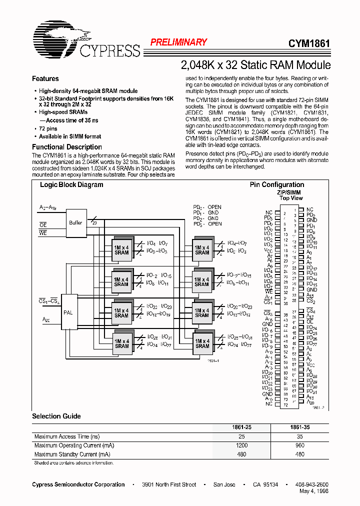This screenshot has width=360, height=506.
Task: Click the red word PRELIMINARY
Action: click(178, 42)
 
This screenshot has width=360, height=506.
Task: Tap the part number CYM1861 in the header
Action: click(309, 43)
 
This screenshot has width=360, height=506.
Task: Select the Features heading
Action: click(45, 79)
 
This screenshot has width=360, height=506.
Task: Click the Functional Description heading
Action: click(67, 147)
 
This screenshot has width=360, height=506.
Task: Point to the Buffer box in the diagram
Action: click(75, 223)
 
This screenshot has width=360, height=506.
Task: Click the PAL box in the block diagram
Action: click(68, 312)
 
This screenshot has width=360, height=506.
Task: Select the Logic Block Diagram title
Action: click(71, 185)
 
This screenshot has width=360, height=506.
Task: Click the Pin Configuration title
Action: click(277, 185)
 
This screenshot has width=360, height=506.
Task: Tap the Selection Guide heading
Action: click(56, 416)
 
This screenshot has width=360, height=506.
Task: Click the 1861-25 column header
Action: click(241, 428)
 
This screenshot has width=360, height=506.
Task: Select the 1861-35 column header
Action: click(299, 428)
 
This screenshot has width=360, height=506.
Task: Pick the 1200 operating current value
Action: click(241, 445)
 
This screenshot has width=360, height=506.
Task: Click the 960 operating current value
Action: click(299, 445)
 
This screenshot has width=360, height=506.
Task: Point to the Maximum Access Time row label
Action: click(67, 437)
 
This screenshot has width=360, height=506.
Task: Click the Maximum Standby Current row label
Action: click(72, 454)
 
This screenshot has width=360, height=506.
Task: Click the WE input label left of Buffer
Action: click(43, 233)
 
